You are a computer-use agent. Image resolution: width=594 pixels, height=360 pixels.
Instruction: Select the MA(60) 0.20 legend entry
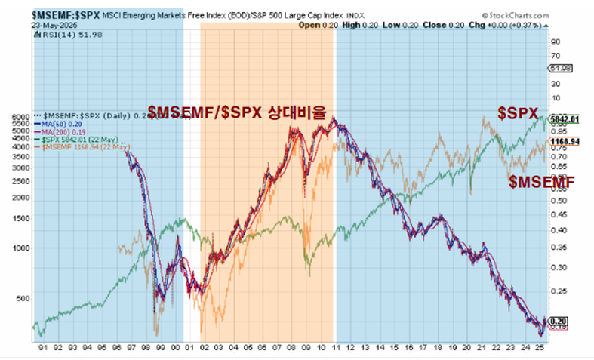65,124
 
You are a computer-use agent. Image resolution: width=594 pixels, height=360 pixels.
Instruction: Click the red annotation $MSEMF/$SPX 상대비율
236,113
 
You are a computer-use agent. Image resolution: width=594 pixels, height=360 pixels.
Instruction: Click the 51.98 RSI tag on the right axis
559,69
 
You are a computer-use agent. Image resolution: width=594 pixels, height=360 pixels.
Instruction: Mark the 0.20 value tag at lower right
558,321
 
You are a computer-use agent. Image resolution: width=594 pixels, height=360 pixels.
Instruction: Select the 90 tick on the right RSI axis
555,42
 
